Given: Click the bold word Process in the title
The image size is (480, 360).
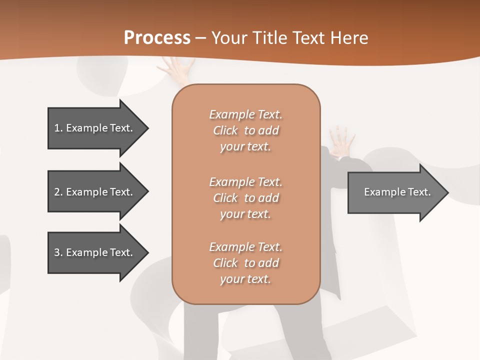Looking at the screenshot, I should (x=157, y=38).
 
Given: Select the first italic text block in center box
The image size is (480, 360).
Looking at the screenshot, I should (x=245, y=130).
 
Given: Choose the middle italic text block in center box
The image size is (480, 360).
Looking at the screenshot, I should (x=245, y=197).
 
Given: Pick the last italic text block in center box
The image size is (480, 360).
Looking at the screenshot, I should (x=245, y=263).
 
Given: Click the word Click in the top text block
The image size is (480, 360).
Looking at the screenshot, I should (x=225, y=130).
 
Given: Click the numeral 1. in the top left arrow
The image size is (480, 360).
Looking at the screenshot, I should (x=58, y=128).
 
